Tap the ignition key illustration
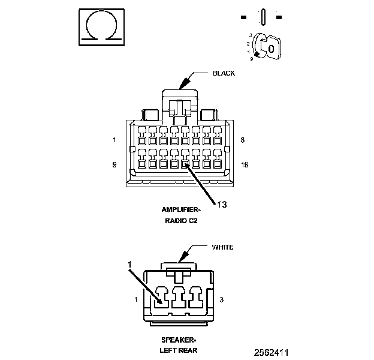[x=267, y=46]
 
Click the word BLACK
[x=224, y=73]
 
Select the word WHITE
[x=222, y=247]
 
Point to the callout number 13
[x=222, y=205]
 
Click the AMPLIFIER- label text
[x=181, y=209]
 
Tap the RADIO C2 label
[x=181, y=221]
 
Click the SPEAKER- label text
[x=179, y=340]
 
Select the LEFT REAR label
[x=179, y=350]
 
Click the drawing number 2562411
[x=271, y=353]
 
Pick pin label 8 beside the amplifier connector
[x=243, y=140]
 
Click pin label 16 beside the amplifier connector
[x=245, y=165]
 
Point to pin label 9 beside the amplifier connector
[x=114, y=165]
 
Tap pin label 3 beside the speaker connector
[x=222, y=299]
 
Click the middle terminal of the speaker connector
[x=179, y=297]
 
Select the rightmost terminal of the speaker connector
[x=195, y=297]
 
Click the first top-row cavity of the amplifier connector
[x=142, y=136]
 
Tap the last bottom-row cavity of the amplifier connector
[x=218, y=159]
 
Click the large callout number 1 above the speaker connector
[x=129, y=265]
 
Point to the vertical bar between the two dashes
[x=263, y=17]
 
